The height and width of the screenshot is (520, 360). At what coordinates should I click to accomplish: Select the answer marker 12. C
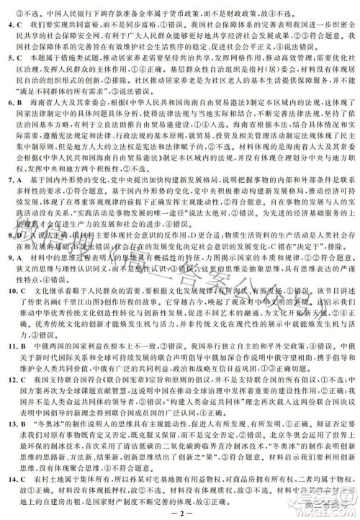pos(13,396)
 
